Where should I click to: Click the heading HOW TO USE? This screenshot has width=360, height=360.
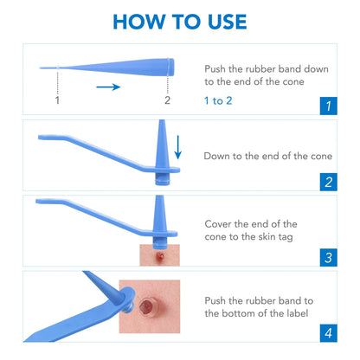tap(180, 22)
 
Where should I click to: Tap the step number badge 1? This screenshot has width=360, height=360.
tap(327, 106)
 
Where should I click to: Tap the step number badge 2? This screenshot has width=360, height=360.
tap(327, 182)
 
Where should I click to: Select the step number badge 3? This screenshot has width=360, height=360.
tap(327, 257)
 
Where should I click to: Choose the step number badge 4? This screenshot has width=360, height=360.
tap(327, 332)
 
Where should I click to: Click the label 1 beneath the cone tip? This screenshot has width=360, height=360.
tap(57, 100)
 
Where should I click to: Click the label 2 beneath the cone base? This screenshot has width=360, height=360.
tap(167, 100)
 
